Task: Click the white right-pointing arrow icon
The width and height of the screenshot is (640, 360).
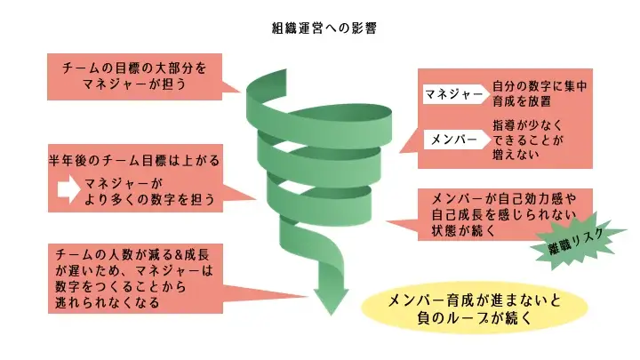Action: click(x=68, y=188)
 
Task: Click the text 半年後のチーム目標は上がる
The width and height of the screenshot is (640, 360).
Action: click(x=133, y=163)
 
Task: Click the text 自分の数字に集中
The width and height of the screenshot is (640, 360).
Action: click(x=540, y=85)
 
